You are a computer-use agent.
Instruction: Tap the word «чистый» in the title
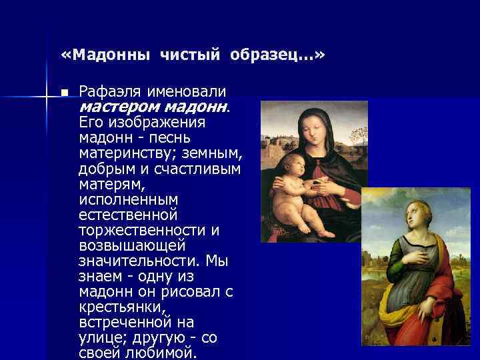pyautogui.click(x=190, y=54)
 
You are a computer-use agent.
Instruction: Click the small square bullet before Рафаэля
pyautogui.click(x=63, y=91)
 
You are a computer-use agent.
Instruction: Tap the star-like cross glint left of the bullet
pyautogui.click(x=47, y=98)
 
